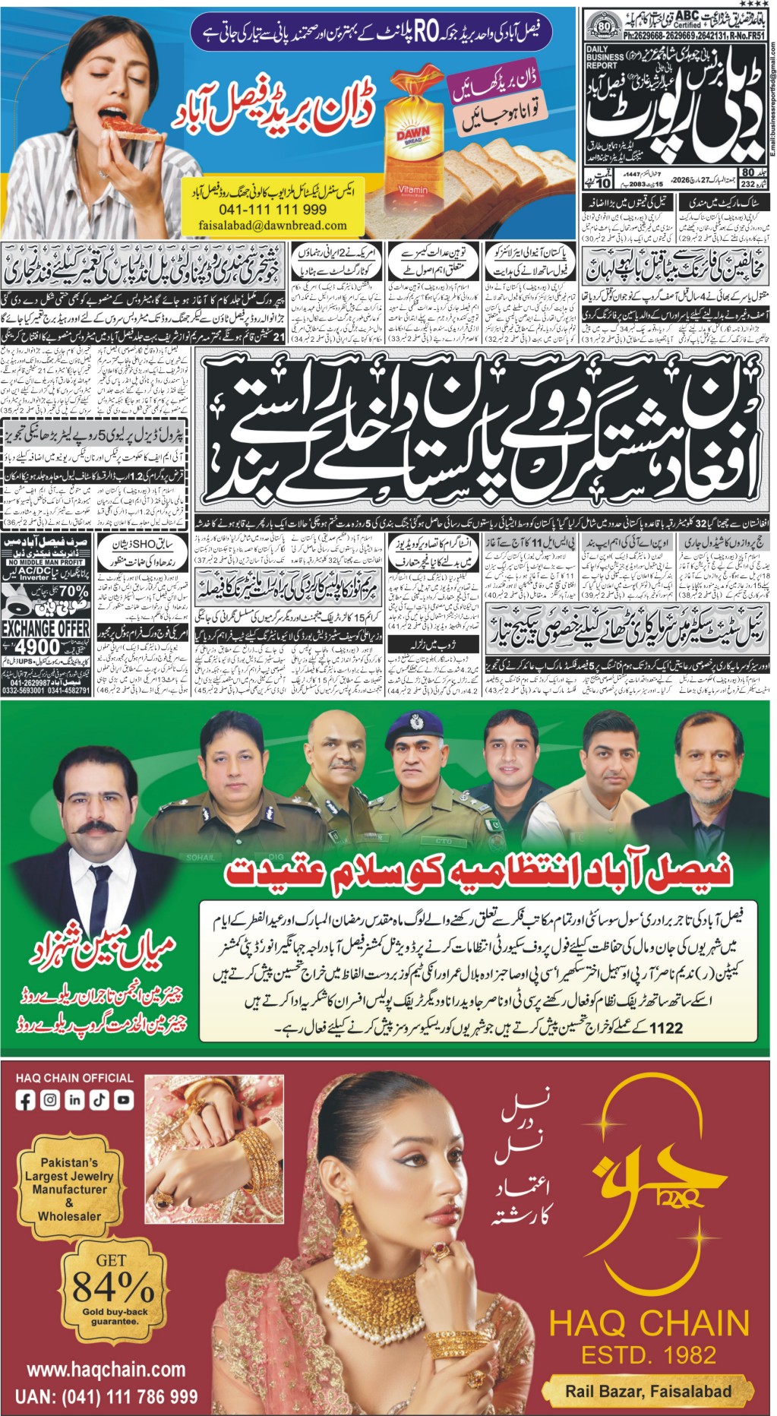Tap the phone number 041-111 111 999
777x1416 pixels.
coord(273,210)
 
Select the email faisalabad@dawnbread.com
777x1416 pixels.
coord(273,226)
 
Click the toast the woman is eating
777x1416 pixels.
coord(125,125)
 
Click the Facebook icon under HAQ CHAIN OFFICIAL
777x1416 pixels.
coord(25,1099)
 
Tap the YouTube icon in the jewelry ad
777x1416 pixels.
coord(123,1099)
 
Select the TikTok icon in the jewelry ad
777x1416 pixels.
coord(99,1099)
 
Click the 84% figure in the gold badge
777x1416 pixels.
coord(113,1287)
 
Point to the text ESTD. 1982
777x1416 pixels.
coord(649,1354)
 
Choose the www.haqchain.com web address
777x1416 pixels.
coord(106,1370)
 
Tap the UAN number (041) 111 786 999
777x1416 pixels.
coord(106,1396)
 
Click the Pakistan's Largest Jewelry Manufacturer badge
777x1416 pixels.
coord(70,1189)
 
